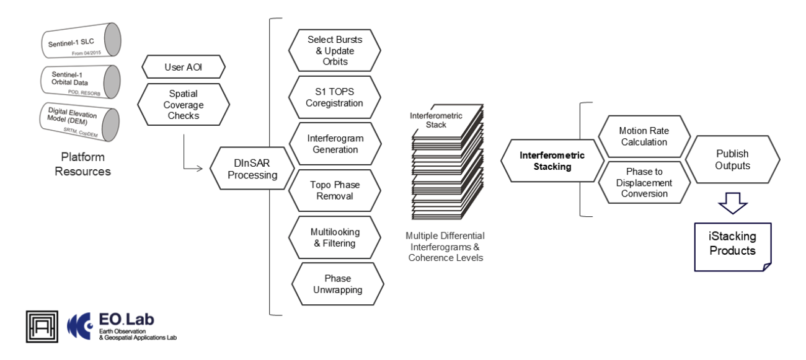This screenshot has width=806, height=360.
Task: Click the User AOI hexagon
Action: pyautogui.click(x=184, y=66)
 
